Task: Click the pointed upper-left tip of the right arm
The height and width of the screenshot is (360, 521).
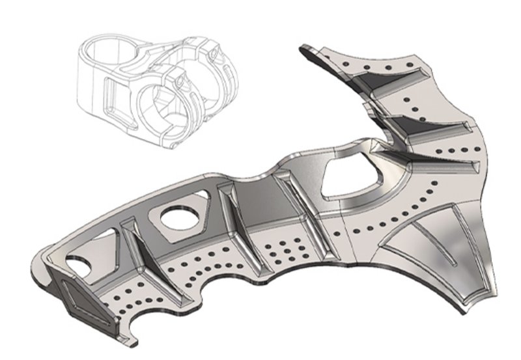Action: tap(303, 48)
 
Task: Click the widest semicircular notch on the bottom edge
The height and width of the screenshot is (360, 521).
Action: tap(221, 286)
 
